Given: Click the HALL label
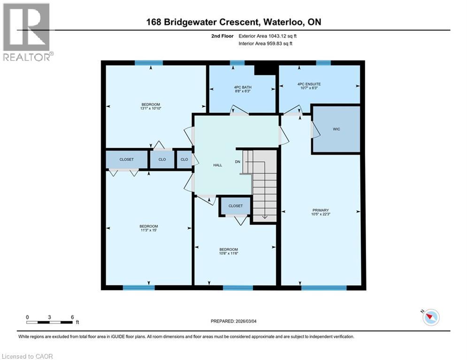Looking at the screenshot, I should click(218, 165).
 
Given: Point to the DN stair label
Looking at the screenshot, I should click(238, 162).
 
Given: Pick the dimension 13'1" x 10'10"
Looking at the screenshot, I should click(151, 109).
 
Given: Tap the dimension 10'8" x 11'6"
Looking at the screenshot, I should click(229, 254).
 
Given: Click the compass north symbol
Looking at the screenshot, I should click(430, 318).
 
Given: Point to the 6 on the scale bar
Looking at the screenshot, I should click(72, 317).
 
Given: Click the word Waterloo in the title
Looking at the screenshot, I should click(285, 22).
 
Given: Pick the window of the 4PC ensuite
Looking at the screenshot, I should click(323, 63).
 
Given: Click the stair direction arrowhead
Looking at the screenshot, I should click(264, 216).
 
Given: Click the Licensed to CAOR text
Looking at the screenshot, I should click(27, 356).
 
